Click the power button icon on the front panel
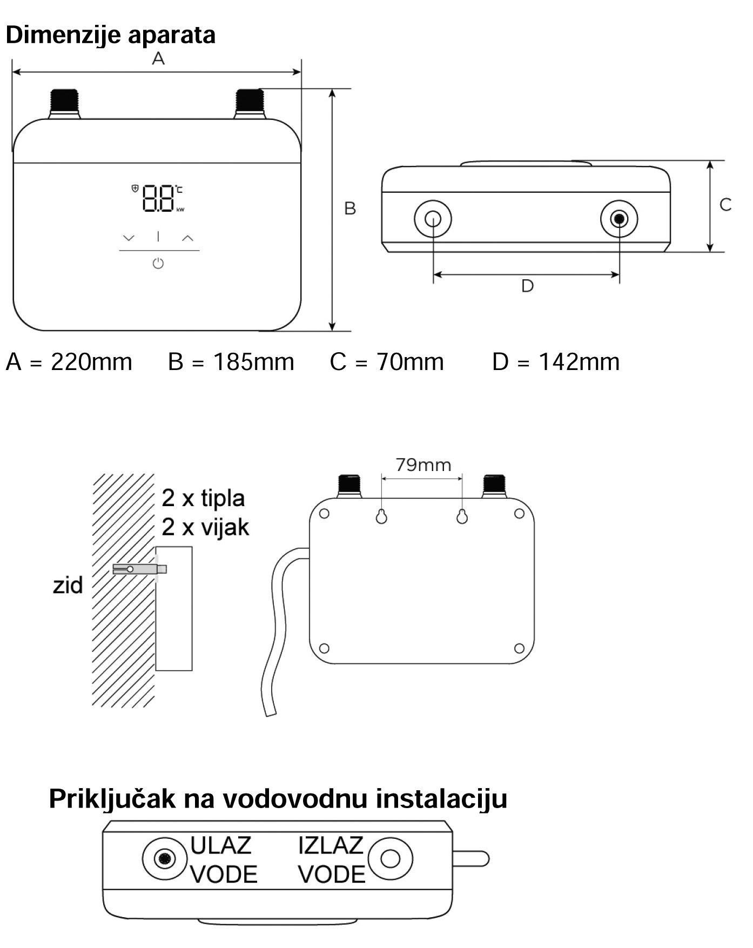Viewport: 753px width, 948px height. click(158, 264)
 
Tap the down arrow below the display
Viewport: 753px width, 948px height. click(129, 238)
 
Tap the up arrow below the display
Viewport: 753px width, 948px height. click(187, 238)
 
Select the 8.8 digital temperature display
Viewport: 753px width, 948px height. click(158, 198)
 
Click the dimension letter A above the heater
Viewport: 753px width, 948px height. click(158, 58)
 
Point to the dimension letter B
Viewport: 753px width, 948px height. click(350, 209)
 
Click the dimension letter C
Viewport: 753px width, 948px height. click(725, 205)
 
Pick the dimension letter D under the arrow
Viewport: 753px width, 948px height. click(527, 286)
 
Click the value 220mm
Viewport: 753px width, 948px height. click(91, 362)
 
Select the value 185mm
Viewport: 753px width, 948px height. click(254, 362)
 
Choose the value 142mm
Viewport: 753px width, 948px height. click(579, 362)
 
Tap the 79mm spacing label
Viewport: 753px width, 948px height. click(423, 465)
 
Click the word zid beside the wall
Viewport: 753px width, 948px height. click(68, 585)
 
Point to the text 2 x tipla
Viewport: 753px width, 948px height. click(203, 499)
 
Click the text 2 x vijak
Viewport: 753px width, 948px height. click(205, 527)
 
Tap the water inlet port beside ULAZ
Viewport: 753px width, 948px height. click(165, 858)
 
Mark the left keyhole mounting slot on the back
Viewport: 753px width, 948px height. click(381, 516)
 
